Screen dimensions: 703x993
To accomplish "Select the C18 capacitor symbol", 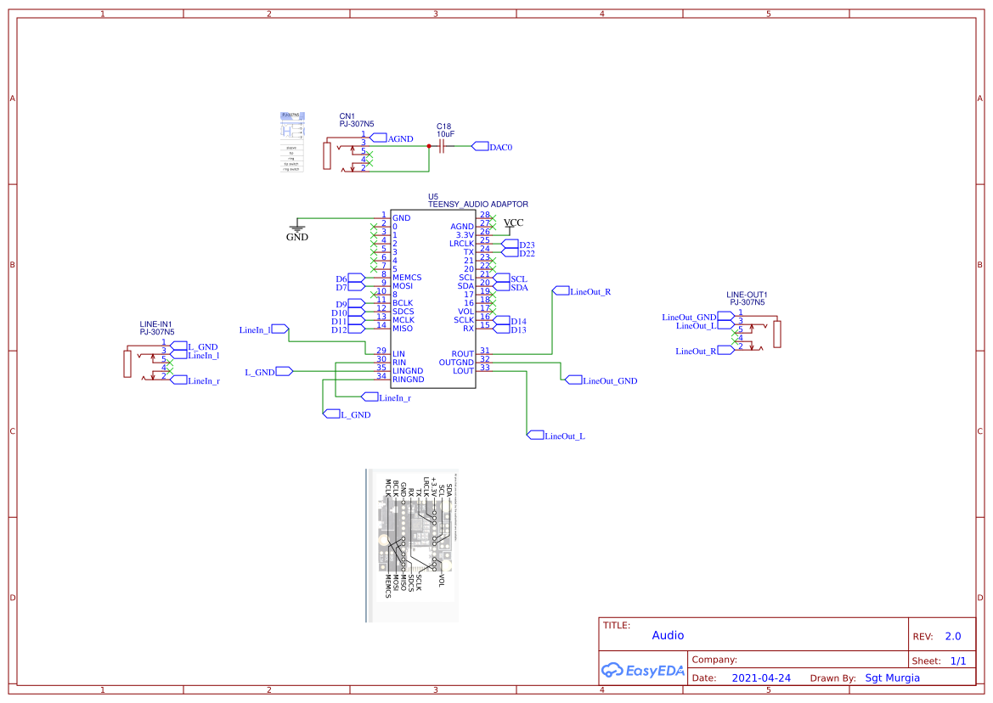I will point(442,146).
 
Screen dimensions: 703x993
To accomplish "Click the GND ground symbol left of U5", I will point(297,228).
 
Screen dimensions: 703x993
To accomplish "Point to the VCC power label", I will point(513,223).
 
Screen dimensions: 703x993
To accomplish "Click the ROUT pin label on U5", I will point(462,354).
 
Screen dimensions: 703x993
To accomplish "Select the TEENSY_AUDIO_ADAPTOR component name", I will point(477,205).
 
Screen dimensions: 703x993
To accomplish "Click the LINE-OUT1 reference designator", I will point(747,295).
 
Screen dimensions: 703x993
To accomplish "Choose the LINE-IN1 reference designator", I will point(156,324).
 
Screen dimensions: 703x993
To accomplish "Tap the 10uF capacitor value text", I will point(445,134).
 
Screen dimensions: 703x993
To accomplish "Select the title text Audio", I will point(668,635).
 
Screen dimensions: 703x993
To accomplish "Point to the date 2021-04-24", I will point(761,678).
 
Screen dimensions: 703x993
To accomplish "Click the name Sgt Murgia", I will point(892,678).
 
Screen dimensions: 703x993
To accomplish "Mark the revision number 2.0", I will point(953,636).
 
